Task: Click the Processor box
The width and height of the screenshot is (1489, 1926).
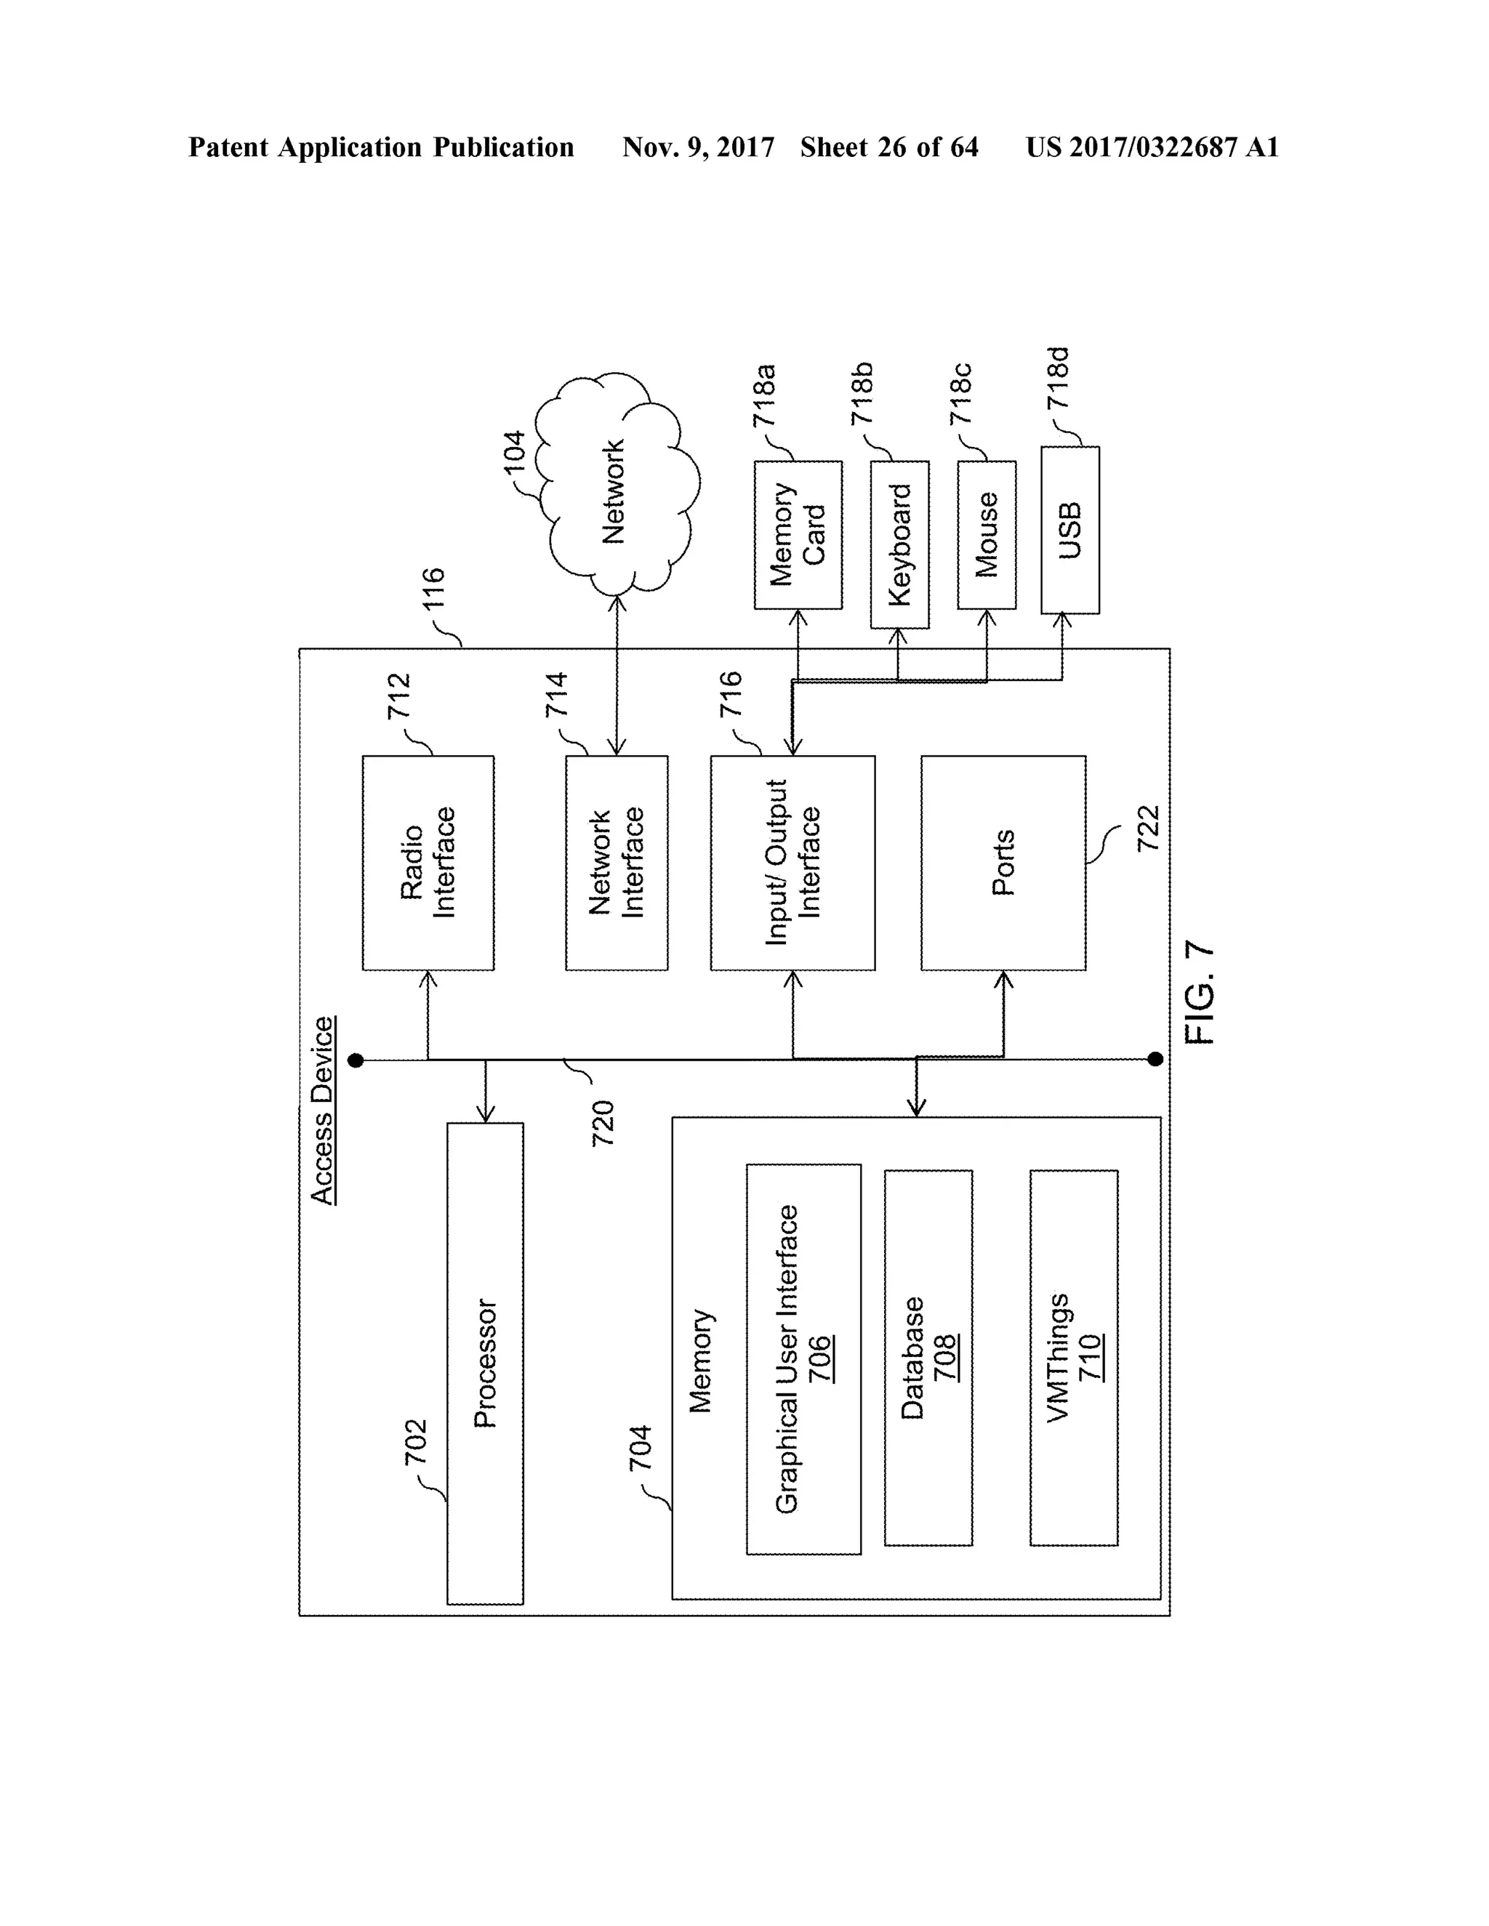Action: point(484,1363)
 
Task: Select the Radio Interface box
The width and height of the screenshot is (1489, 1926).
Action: point(428,863)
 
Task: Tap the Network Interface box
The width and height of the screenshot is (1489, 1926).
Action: point(616,863)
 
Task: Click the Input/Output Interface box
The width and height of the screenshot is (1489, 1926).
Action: point(792,863)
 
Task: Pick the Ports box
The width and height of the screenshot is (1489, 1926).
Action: point(1003,863)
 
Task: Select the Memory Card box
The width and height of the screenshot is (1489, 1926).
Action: point(798,534)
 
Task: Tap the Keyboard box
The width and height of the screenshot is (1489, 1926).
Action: point(899,544)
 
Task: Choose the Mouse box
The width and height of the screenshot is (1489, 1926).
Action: point(986,534)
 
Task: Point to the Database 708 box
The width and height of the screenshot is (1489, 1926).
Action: point(928,1358)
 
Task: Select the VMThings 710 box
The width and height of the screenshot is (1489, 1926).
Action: point(1074,1358)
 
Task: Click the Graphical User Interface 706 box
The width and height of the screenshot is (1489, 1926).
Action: point(803,1359)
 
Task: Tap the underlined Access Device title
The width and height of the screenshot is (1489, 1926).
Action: point(323,1111)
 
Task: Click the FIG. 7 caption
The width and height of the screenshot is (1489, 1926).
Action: point(1200,993)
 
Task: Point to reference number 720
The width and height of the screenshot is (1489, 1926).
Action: point(603,1124)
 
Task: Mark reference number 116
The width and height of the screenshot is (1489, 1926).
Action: point(433,589)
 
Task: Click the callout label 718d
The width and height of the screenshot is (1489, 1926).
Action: point(1058,379)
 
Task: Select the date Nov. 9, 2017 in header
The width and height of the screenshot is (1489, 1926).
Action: point(698,148)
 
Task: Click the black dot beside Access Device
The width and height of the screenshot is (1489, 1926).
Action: point(356,1060)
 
